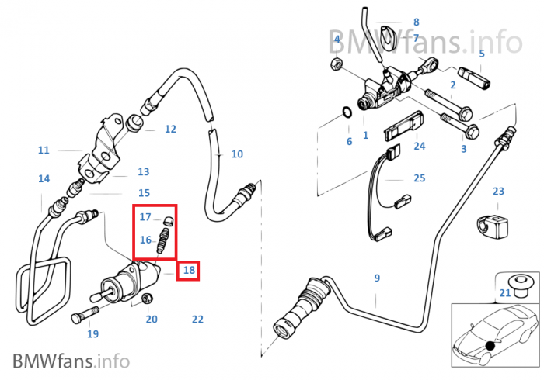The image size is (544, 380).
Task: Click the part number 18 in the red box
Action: (189, 271)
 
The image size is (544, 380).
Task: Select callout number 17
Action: (145, 217)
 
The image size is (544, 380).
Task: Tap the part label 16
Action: (145, 240)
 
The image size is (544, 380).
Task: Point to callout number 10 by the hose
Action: (237, 154)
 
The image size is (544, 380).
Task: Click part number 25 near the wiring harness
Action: (420, 178)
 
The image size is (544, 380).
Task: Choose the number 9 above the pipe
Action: (377, 278)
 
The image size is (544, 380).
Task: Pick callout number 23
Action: (498, 191)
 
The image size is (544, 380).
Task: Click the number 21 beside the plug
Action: (505, 292)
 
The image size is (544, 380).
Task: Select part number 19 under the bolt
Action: (92, 334)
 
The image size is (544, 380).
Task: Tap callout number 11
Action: (44, 150)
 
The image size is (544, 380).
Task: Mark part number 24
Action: (420, 146)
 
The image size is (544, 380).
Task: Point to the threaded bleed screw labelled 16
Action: (163, 240)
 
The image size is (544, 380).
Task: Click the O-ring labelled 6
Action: (347, 116)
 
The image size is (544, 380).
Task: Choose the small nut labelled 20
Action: (148, 300)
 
